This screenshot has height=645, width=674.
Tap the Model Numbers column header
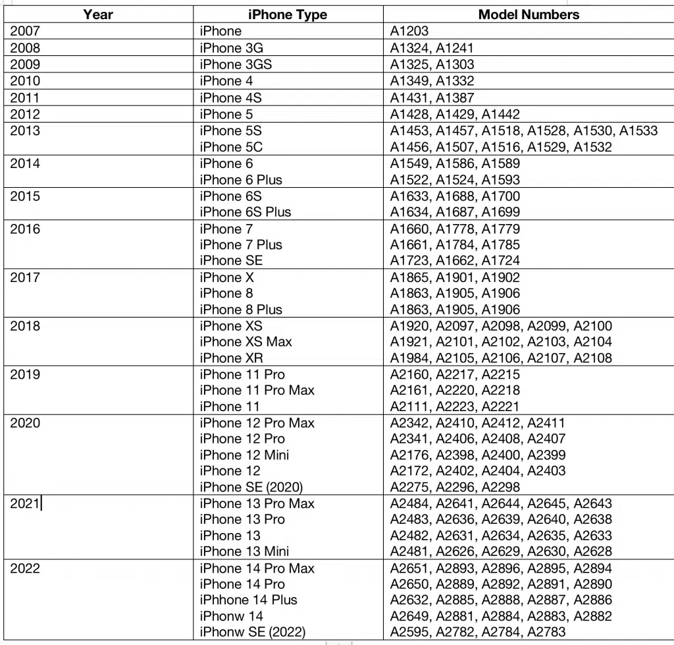click(529, 14)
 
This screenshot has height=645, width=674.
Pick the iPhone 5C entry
click(231, 147)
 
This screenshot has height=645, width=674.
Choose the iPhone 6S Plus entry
click(246, 212)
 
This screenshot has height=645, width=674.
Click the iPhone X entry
click(227, 277)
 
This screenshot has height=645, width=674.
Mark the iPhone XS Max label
click(246, 342)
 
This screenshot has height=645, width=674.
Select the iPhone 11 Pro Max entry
click(257, 391)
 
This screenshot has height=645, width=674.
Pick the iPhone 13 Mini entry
click(244, 551)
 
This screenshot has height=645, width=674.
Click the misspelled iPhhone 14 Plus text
click(248, 600)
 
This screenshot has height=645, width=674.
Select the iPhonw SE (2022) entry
click(252, 632)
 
